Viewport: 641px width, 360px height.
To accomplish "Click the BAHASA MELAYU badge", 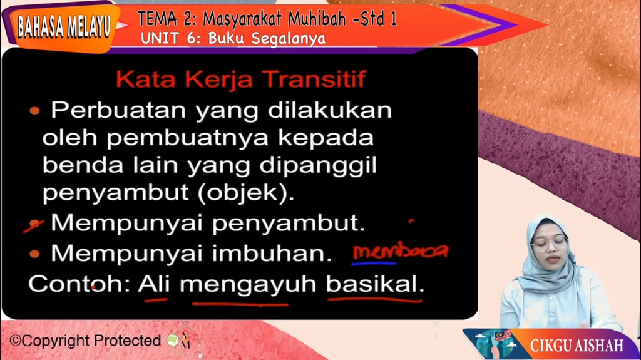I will click(x=63, y=26).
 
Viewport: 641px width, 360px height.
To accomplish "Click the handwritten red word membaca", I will click(x=400, y=251).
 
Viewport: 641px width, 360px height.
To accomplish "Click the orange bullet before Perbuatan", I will click(x=35, y=111).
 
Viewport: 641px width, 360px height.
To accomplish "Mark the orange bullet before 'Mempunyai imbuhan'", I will click(x=35, y=254).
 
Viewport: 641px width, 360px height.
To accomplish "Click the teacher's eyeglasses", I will click(x=549, y=244).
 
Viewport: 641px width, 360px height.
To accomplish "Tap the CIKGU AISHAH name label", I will click(x=576, y=345).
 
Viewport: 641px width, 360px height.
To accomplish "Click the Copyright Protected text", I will click(x=85, y=341).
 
